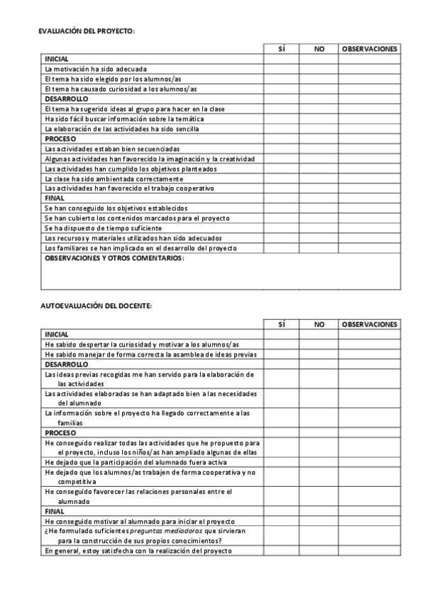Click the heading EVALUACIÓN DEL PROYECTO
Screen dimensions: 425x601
coord(86,31)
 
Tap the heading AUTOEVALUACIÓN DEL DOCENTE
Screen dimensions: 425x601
coord(95,305)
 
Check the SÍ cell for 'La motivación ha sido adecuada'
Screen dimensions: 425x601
coord(282,69)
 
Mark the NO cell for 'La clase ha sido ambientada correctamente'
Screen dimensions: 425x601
coord(318,179)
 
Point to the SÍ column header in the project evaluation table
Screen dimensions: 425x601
coord(282,50)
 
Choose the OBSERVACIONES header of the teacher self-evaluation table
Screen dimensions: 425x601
coord(369,324)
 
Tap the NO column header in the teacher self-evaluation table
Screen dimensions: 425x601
coord(319,324)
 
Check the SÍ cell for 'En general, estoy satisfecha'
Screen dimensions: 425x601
coord(282,551)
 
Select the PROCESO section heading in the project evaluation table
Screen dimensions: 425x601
coord(60,139)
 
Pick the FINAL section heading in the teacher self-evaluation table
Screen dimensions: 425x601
coord(55,511)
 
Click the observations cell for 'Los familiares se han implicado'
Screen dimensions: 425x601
coord(369,248)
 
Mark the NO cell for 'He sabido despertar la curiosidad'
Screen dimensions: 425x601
coord(318,344)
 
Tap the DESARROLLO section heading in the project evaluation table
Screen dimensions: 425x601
coord(66,99)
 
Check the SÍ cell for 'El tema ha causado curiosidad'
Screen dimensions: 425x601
coord(282,89)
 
